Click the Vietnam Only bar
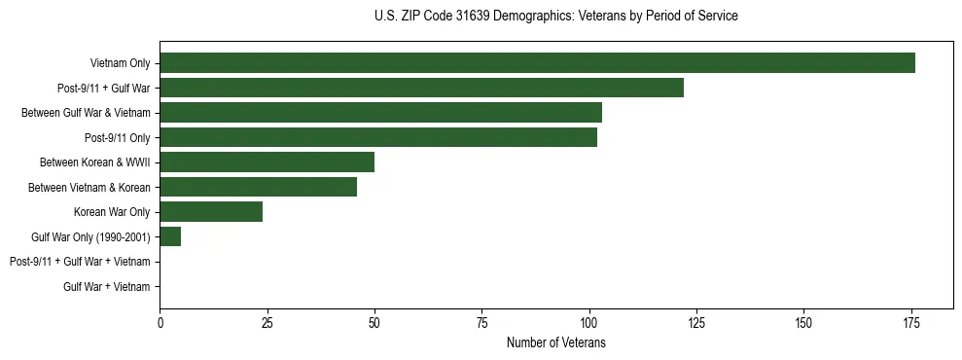coord(537,63)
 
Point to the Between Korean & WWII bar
coord(267,162)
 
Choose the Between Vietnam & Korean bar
coord(258,187)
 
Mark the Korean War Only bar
coord(211,211)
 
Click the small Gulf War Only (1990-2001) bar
coord(170,236)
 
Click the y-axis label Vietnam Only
coord(121,63)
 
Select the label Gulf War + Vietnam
coord(107,286)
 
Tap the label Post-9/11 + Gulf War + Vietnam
coord(80,262)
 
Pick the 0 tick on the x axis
coord(160,323)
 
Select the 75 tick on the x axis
coord(481,323)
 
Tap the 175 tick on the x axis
coord(910,323)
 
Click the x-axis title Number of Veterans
coord(556,342)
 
